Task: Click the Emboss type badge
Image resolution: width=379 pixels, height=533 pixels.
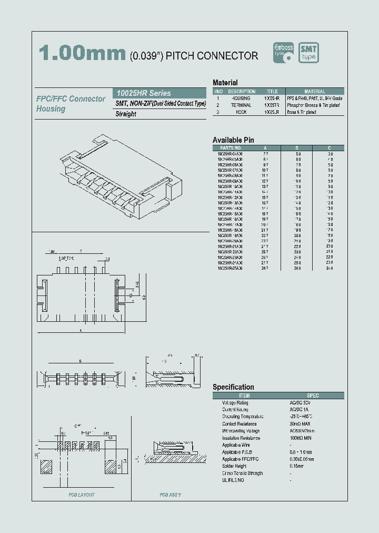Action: [x=283, y=53]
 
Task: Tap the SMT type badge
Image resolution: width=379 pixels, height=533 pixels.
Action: [x=308, y=53]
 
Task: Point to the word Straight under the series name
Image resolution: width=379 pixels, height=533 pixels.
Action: [x=126, y=114]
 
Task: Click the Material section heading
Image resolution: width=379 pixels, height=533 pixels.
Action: [x=225, y=83]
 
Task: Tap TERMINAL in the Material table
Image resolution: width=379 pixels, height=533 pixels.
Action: [x=241, y=105]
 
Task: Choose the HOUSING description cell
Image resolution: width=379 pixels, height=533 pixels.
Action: [x=241, y=98]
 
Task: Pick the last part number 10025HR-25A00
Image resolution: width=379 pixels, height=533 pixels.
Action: [x=230, y=268]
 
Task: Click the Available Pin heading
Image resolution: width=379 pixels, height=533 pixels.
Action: [x=233, y=140]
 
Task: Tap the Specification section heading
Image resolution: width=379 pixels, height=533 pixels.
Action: [x=233, y=387]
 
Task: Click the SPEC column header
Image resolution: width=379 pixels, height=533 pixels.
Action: [x=313, y=396]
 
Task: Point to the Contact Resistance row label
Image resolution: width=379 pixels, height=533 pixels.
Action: [x=239, y=424]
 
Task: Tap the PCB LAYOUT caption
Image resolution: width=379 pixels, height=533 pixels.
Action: [x=82, y=495]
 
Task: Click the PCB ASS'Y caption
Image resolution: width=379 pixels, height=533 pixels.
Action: [x=171, y=495]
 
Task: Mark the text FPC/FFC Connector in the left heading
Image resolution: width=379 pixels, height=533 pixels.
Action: [x=71, y=99]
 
